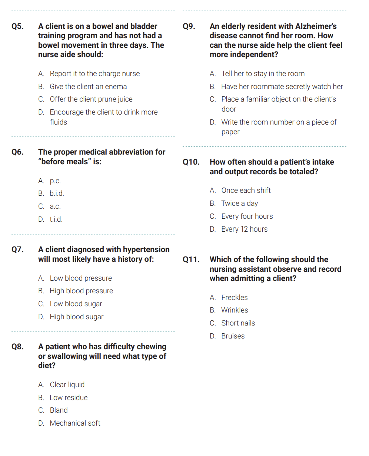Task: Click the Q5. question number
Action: (x=17, y=26)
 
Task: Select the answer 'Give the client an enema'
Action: (x=88, y=86)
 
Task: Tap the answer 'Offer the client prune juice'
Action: (x=91, y=99)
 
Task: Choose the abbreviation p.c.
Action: (x=55, y=181)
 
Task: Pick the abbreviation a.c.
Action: (x=55, y=206)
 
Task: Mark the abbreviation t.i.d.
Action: (x=56, y=219)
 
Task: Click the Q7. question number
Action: (x=18, y=250)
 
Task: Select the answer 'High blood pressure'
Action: (x=81, y=291)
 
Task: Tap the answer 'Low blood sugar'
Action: (x=76, y=304)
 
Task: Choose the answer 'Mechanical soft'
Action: (x=75, y=423)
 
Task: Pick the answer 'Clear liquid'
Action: (x=67, y=385)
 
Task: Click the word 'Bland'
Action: (x=59, y=410)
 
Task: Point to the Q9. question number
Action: (x=189, y=26)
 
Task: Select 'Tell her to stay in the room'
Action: (x=263, y=74)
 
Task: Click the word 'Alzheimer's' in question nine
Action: (x=316, y=26)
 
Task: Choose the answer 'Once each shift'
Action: (x=246, y=191)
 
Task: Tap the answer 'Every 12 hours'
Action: (x=244, y=229)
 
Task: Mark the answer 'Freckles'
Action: (x=235, y=298)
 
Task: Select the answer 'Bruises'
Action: (x=233, y=336)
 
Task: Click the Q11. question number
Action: (x=191, y=260)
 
